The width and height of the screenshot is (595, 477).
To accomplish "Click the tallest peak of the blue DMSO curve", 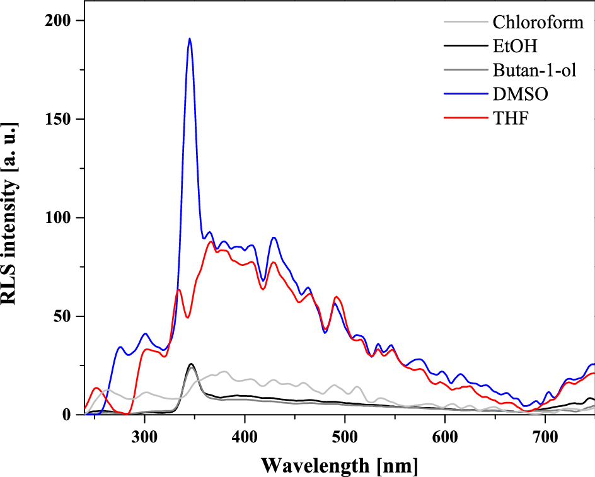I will (189, 39).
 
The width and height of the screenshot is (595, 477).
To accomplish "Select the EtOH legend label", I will (512, 47).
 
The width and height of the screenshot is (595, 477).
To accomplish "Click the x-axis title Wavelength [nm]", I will (340, 465).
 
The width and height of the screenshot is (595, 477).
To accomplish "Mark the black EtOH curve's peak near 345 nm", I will (191, 364).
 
